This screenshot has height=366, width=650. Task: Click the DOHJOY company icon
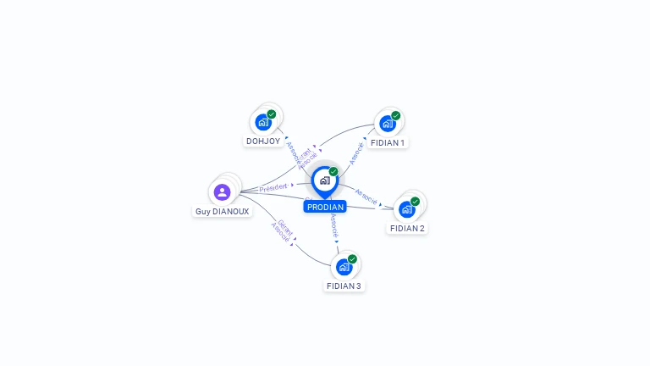coord(262,122)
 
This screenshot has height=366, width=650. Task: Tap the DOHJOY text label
coord(263,141)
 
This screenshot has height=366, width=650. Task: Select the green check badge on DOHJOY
coord(272,114)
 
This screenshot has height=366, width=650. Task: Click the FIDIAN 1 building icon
coord(387,124)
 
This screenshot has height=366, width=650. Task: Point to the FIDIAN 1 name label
coord(388,142)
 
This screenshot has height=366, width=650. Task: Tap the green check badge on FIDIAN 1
coord(396,116)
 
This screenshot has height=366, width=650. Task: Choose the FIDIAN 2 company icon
coord(406,209)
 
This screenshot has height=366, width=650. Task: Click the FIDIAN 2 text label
coord(407,228)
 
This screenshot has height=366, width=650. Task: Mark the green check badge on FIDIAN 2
coord(415,202)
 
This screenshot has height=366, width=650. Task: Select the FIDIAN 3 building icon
coord(343,267)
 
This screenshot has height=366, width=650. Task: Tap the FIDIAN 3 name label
coord(344,286)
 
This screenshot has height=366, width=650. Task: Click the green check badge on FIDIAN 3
coord(352,259)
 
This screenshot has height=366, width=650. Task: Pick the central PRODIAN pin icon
coord(324,180)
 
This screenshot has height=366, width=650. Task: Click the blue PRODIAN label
coord(325,207)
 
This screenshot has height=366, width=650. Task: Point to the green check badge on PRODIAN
coord(333,172)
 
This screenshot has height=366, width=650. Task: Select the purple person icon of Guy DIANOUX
coord(222,192)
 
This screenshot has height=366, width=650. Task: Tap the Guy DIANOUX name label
coord(222,211)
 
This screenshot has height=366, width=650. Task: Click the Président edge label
coord(273,187)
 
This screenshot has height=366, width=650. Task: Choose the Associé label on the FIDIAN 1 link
coord(356,152)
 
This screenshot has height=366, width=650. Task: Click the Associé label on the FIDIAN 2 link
coord(366,196)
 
